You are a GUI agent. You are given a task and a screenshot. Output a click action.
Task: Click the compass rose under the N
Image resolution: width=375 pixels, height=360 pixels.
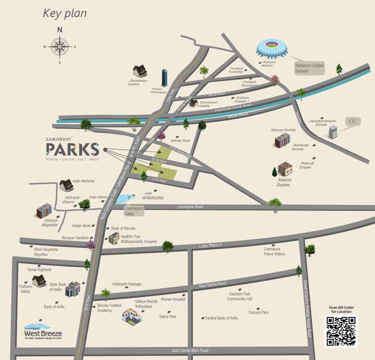click(x=60, y=46)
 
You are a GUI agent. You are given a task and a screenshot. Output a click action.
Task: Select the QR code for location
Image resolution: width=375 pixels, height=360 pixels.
click(x=341, y=331)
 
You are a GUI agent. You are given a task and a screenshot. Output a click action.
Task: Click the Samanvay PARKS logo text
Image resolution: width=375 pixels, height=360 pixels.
click(x=72, y=149)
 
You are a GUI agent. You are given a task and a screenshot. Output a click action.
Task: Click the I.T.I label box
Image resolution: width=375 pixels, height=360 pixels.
click(x=353, y=122)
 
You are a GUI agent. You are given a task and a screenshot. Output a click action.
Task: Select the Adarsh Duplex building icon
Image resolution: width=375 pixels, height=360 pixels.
click(x=285, y=169)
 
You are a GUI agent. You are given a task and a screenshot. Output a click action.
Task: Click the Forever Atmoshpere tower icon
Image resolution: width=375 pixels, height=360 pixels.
click(x=165, y=77)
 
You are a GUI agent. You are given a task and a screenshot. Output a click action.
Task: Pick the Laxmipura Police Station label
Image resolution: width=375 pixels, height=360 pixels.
click(x=275, y=251)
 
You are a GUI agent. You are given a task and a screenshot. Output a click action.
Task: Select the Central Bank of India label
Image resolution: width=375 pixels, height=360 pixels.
click(x=222, y=318)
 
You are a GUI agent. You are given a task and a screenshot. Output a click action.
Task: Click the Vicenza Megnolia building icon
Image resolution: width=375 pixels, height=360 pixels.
click(x=44, y=210)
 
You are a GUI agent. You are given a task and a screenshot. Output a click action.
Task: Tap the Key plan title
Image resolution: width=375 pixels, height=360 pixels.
click(x=65, y=13)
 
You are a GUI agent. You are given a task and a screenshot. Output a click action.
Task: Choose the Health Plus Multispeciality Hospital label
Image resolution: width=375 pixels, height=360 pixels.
click(x=138, y=239)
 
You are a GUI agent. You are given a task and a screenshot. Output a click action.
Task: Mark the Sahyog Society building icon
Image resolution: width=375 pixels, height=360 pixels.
click(x=283, y=140)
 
